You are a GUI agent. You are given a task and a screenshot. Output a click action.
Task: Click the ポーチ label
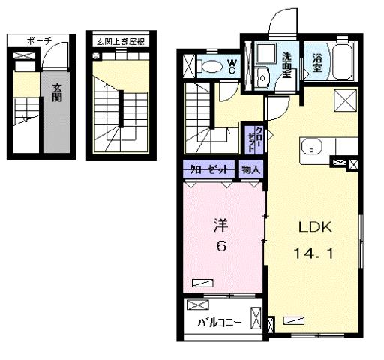38,42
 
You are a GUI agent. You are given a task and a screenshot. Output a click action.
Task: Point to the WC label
232,65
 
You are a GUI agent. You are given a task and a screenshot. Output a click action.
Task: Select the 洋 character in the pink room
220,224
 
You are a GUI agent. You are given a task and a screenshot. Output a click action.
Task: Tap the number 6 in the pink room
220,248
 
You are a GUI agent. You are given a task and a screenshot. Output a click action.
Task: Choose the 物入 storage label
251,170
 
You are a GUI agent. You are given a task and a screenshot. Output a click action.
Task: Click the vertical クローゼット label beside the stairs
255,139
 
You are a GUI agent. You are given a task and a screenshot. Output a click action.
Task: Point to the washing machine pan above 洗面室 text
265,54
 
